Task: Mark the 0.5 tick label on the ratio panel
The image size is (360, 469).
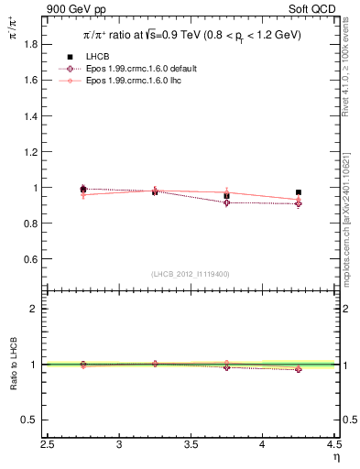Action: pyautogui.click(x=35, y=420)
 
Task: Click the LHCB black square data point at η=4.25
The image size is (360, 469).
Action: pyautogui.click(x=299, y=192)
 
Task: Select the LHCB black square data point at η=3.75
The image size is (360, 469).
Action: pyautogui.click(x=226, y=196)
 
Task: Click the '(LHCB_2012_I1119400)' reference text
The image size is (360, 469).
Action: pyautogui.click(x=191, y=274)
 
